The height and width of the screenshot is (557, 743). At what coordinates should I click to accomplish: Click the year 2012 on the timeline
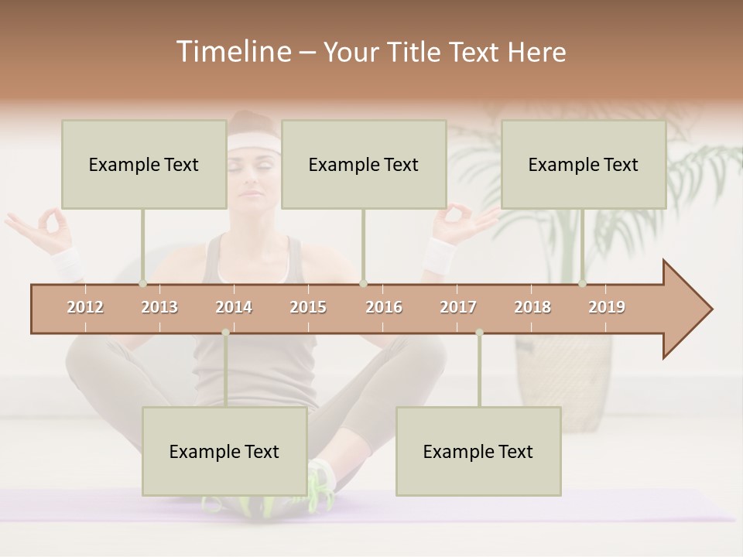click(85, 307)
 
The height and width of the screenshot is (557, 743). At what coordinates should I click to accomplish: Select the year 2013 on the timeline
click(159, 307)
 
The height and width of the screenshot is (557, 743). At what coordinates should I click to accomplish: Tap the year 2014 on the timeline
click(234, 307)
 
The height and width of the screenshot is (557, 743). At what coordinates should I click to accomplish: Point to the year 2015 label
click(308, 307)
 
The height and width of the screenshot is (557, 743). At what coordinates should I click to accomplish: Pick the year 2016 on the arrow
click(384, 307)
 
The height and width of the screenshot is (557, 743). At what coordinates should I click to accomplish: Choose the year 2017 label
click(458, 307)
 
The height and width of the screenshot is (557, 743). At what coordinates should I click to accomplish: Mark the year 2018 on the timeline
click(532, 307)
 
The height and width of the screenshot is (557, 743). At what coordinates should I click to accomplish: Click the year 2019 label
click(607, 307)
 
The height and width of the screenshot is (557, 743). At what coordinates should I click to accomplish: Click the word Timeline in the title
click(232, 52)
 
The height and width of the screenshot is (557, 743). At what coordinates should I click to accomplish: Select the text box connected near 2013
click(144, 164)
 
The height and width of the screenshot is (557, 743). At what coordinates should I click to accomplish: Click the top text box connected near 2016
click(364, 164)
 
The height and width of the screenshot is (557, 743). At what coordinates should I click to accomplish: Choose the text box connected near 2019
click(584, 164)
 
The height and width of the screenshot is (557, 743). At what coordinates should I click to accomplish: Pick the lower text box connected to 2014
click(224, 451)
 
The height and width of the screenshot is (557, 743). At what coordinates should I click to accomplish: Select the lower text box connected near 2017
click(478, 451)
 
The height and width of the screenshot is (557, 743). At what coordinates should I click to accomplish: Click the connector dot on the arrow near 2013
click(142, 284)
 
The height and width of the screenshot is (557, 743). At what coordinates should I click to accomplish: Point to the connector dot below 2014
click(225, 333)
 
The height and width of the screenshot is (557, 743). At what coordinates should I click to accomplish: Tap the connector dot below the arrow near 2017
click(479, 333)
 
